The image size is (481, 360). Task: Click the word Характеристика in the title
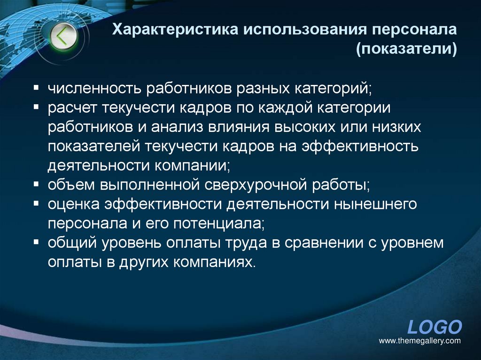(173, 31)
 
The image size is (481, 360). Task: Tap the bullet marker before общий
(36, 243)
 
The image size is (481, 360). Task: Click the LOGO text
(434, 327)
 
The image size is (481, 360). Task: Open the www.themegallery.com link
(419, 341)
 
